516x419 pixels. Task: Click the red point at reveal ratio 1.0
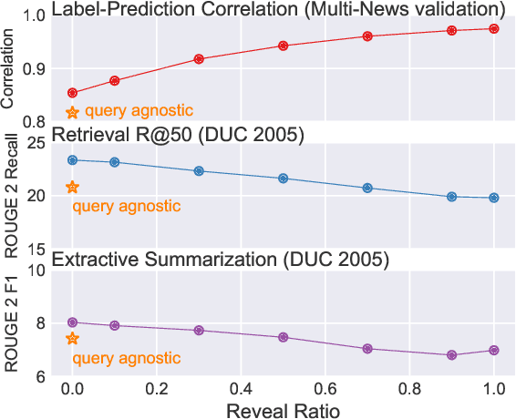coord(494,29)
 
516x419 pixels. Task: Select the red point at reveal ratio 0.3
coord(199,59)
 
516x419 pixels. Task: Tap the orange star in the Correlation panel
coord(73,112)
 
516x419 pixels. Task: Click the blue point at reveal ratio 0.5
coord(284,179)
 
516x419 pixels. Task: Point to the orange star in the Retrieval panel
coord(73,188)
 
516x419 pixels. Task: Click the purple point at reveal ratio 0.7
coord(367,349)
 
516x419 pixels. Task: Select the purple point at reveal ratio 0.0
coord(73,322)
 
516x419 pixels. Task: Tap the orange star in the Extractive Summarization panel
coord(73,339)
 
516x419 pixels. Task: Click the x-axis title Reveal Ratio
coord(284,410)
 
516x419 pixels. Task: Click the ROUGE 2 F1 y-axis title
coord(10,322)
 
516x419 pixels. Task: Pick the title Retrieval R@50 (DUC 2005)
coord(179,135)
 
